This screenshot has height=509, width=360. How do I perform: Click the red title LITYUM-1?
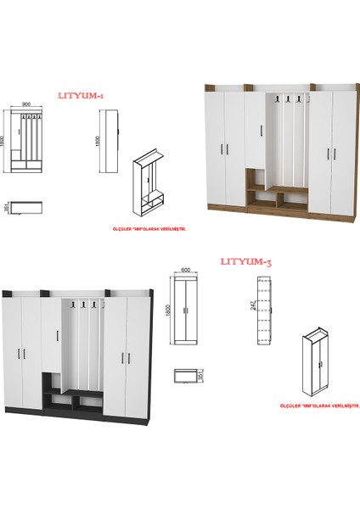point(79,97)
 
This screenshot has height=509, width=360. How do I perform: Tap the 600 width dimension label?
point(186,271)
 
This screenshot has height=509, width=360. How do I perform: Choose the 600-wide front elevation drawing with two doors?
point(186,312)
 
